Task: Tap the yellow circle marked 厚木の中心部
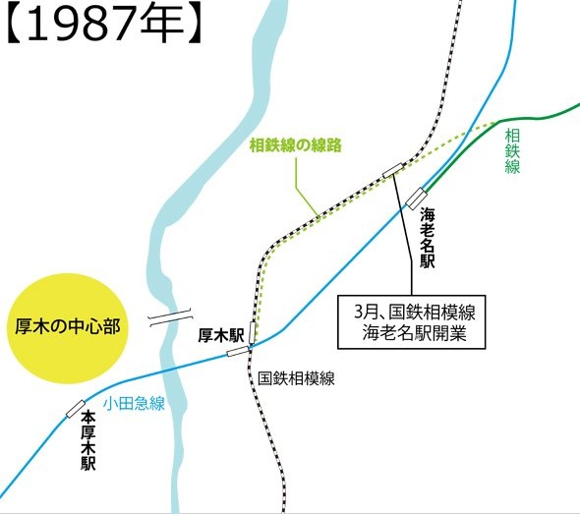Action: pyautogui.click(x=68, y=324)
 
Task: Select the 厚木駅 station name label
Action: pyautogui.click(x=220, y=334)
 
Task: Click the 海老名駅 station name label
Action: pyautogui.click(x=427, y=236)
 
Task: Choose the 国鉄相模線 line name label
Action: pyautogui.click(x=296, y=378)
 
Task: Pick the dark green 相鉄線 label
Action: pyautogui.click(x=511, y=149)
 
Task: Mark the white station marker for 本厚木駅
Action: pyautogui.click(x=76, y=408)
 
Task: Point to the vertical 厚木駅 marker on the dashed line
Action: pyautogui.click(x=254, y=334)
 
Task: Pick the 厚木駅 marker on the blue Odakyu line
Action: pyautogui.click(x=237, y=350)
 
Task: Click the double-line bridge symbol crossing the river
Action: pyautogui.click(x=168, y=317)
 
